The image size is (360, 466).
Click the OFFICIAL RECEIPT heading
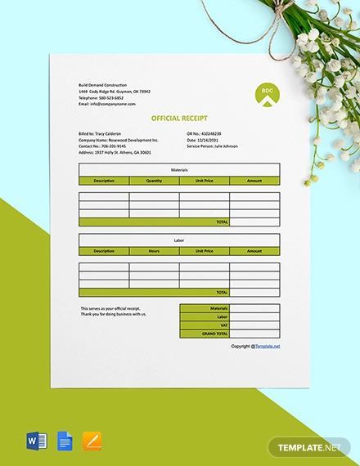click(179, 118)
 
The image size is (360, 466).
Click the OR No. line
click(204, 133)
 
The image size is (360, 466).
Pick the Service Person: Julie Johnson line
click(212, 146)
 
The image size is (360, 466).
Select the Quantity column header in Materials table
click(154, 181)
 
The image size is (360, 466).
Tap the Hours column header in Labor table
click(154, 251)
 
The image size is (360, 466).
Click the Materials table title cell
click(179, 169)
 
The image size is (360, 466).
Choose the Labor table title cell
click(179, 240)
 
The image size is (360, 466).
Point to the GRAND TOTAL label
click(215, 334)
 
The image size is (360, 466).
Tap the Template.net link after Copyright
click(267, 347)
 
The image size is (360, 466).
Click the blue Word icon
click(37, 442)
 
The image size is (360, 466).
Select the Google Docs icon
click(65, 442)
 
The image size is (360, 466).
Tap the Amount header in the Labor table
click(254, 251)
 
